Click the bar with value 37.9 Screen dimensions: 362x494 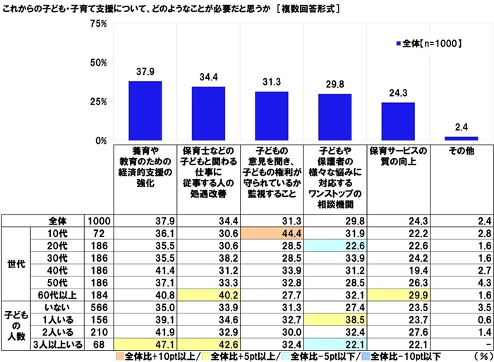(145, 111)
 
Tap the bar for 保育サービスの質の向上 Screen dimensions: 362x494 (398, 121)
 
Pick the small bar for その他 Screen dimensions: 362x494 (462, 138)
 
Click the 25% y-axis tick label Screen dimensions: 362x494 (99, 102)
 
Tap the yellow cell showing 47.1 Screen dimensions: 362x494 (145, 344)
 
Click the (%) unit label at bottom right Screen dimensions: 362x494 (482, 356)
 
